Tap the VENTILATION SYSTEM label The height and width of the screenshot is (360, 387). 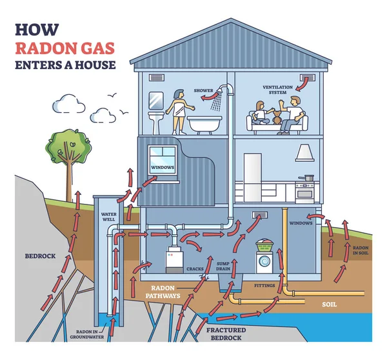click(277, 90)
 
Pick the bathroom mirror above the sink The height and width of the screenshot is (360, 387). click(155, 99)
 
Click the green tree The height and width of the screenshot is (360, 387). click(68, 147)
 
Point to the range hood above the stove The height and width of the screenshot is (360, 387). click(304, 154)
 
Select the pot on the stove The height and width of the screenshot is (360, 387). click(309, 177)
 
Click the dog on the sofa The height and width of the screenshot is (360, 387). click(277, 118)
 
